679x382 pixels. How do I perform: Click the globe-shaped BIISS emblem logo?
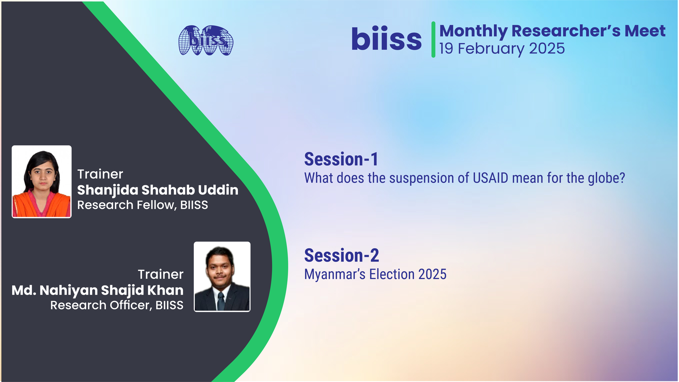tap(206, 40)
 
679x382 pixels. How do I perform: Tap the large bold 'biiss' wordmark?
tap(386, 40)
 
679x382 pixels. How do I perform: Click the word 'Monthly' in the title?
tap(473, 31)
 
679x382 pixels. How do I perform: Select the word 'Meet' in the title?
tap(645, 31)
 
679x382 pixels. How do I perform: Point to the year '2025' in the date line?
tap(547, 49)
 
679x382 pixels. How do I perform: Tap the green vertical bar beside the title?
tap(433, 40)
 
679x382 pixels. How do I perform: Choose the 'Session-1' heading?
tap(341, 160)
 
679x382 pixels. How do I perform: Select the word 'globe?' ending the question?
tap(606, 178)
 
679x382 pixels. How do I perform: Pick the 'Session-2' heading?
tap(342, 256)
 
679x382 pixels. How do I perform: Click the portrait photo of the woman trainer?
tap(42, 182)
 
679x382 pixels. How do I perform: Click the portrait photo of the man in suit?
tap(222, 276)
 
